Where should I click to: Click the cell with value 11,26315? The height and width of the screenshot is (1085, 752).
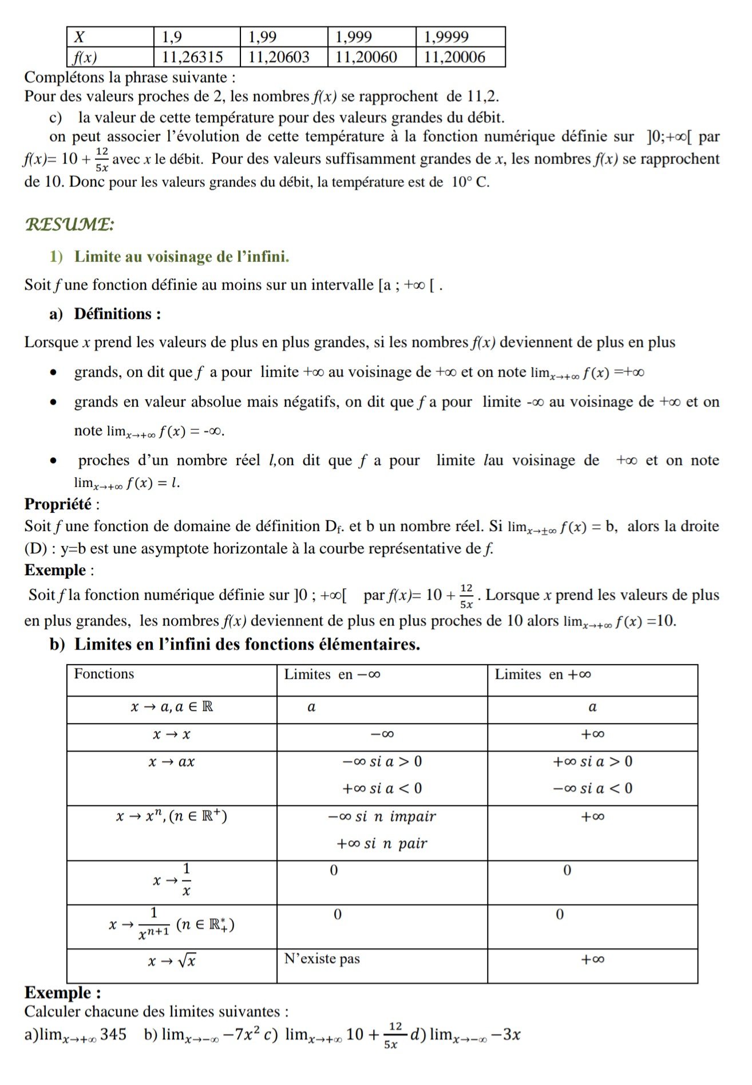192,57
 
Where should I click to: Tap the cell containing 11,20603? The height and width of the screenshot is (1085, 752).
279,57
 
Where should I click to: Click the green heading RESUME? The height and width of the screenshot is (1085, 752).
69,224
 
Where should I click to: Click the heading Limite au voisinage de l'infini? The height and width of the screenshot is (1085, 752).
181,257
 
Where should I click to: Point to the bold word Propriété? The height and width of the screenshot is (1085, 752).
58,504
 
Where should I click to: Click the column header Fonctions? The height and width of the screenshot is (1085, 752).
104,674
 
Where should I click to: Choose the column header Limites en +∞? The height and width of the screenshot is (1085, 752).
543,675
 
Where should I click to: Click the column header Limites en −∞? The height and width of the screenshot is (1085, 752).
332,675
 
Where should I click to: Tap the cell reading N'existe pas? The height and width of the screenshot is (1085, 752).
322,959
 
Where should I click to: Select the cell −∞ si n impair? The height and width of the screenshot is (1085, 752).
382,817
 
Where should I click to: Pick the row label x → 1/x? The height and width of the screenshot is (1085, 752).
172,880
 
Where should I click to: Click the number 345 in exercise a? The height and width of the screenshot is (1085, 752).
113,1035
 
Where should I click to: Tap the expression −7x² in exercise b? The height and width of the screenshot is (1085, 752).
242,1035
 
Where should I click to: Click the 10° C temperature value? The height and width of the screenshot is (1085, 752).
470,183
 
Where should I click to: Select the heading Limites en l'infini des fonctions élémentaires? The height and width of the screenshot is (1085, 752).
247,644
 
